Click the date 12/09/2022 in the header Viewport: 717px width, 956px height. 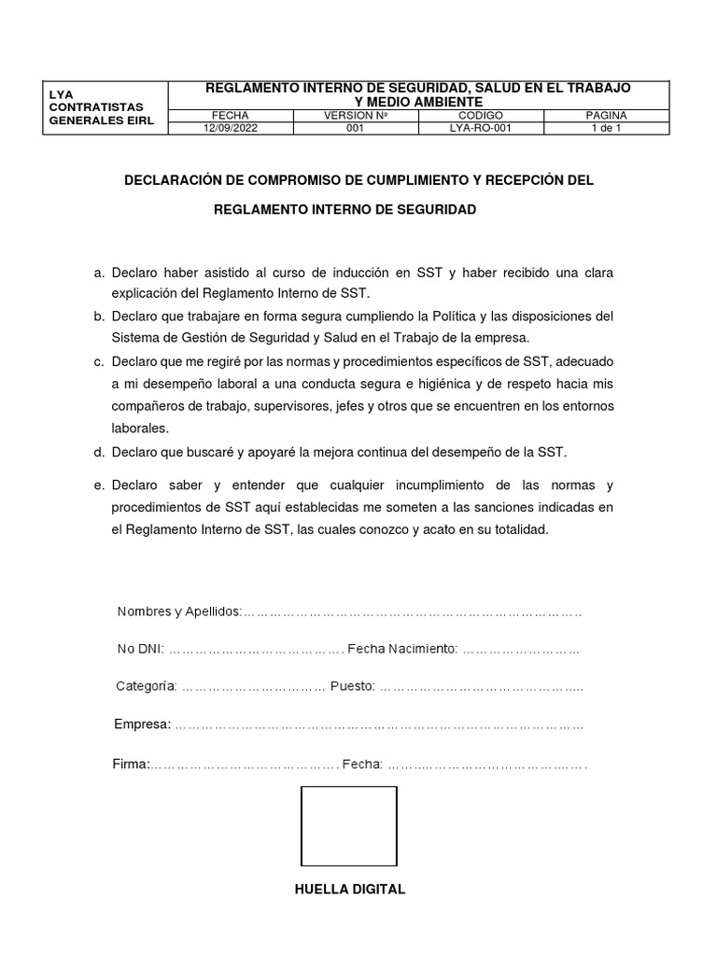coord(229,129)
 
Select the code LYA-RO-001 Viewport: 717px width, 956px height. coord(481,129)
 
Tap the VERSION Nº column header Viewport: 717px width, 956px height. coord(355,116)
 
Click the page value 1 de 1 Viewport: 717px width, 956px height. coord(607,129)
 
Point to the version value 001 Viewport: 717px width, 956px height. coord(355,129)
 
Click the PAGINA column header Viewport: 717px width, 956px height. coord(607,116)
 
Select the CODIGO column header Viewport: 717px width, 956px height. coord(481,116)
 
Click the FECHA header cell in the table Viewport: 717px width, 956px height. coord(229,116)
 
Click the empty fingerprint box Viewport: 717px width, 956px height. coord(348,826)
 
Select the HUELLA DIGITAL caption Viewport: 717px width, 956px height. coord(349,890)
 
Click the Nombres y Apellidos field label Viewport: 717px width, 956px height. coord(178,612)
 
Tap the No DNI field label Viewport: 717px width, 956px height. coord(140,649)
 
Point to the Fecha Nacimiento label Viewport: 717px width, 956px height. coord(401,649)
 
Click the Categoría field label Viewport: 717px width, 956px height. coord(146,686)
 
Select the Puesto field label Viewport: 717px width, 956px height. coord(352,686)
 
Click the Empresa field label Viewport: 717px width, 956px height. coord(142,724)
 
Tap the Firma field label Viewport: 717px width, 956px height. coord(131,764)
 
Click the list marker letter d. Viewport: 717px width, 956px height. coord(98,453)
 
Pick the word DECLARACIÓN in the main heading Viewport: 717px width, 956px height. coord(180,179)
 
